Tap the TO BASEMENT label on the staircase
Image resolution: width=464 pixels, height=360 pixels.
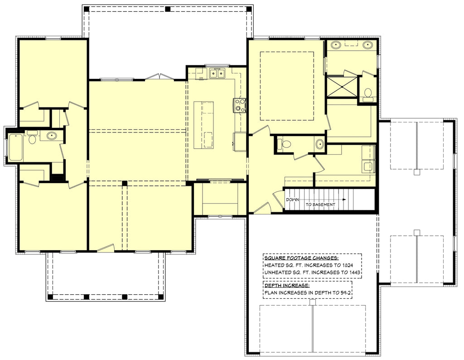(320, 205)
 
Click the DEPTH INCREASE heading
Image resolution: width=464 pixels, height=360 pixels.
(286, 286)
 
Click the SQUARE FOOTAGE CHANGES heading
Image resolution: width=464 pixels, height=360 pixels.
(301, 258)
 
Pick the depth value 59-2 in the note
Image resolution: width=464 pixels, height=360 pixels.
(345, 293)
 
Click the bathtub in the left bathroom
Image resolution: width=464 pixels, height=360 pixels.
(16, 147)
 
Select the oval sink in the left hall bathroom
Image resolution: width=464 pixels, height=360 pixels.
(52, 136)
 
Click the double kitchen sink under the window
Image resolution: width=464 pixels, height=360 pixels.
(217, 73)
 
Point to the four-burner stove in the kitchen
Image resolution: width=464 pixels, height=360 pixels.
(240, 105)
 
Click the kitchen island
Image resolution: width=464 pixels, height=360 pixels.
(203, 125)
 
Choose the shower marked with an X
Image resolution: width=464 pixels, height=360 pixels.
(342, 87)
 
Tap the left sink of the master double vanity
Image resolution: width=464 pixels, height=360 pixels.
(336, 45)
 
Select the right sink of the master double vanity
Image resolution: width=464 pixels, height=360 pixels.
(367, 45)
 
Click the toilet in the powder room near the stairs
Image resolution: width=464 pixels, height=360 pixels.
(285, 144)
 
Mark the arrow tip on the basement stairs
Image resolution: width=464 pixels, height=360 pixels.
(345, 199)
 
